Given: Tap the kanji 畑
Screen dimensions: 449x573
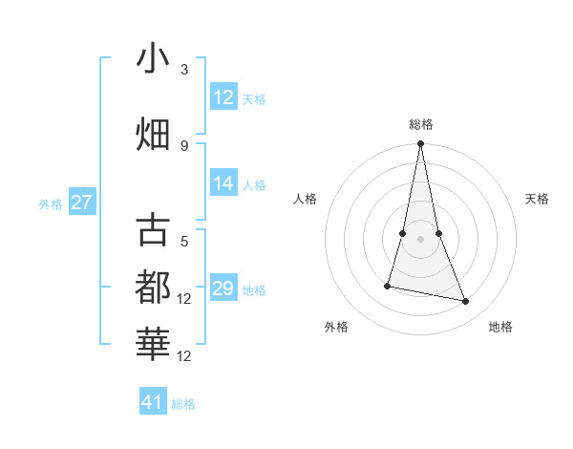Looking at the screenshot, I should pyautogui.click(x=153, y=133).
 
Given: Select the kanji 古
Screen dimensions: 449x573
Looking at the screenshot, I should pyautogui.click(x=153, y=231).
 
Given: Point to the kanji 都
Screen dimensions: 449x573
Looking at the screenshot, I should pyautogui.click(x=153, y=287).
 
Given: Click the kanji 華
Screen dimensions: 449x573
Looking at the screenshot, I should pyautogui.click(x=153, y=344).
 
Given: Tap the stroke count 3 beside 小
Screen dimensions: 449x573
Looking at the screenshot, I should pyautogui.click(x=184, y=70).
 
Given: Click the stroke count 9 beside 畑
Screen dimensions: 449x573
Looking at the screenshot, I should pyautogui.click(x=184, y=145).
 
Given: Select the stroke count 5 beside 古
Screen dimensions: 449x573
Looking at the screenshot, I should pyautogui.click(x=184, y=242).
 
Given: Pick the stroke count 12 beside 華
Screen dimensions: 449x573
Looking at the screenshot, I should pyautogui.click(x=184, y=356).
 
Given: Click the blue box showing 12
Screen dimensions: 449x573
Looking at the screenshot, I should pyautogui.click(x=223, y=96).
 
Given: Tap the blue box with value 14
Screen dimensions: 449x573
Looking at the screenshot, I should pyautogui.click(x=223, y=183).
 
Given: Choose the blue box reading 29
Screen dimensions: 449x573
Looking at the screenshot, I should pyautogui.click(x=223, y=289).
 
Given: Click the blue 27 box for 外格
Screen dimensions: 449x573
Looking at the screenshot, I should pyautogui.click(x=82, y=203).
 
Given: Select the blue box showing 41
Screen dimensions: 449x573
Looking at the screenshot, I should pyautogui.click(x=153, y=402).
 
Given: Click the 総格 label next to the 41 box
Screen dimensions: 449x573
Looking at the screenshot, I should pyautogui.click(x=183, y=404).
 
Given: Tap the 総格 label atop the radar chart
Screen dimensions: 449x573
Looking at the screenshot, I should pyautogui.click(x=420, y=124).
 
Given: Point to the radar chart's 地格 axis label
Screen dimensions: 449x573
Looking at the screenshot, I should pyautogui.click(x=500, y=327).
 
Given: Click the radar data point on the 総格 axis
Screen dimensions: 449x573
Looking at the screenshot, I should pyautogui.click(x=420, y=144).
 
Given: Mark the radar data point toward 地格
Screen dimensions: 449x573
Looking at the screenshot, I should pyautogui.click(x=466, y=302).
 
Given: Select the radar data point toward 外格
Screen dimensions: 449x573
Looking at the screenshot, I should pyautogui.click(x=388, y=286).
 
